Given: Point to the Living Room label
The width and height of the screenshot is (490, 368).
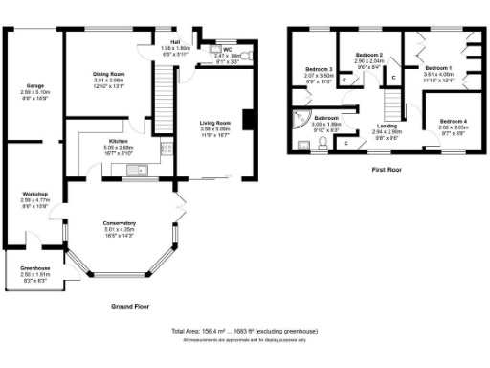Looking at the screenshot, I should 215,123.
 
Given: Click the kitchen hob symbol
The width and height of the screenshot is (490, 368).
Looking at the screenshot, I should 167,149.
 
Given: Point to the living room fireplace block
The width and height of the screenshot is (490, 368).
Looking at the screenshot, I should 248,120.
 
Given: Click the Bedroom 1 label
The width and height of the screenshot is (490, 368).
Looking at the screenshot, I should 438,68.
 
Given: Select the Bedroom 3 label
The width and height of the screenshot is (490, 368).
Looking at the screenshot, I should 319,70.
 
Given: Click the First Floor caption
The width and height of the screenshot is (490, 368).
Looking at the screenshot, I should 387,169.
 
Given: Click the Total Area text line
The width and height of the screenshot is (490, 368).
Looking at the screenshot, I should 244,330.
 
